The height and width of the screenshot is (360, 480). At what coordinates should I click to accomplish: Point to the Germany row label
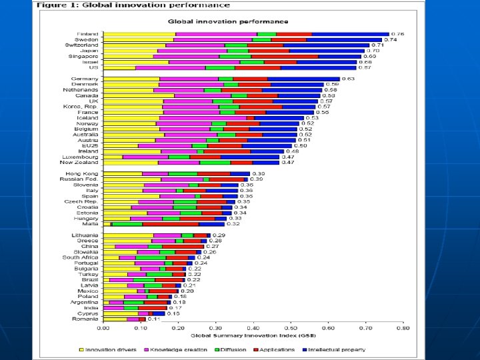87,79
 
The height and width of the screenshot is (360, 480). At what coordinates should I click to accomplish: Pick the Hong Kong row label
85,173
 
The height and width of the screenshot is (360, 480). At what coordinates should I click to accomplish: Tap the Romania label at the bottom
87,319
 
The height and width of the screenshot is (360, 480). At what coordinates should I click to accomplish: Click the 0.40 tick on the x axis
254,328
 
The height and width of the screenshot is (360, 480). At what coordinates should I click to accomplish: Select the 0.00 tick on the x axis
103,328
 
